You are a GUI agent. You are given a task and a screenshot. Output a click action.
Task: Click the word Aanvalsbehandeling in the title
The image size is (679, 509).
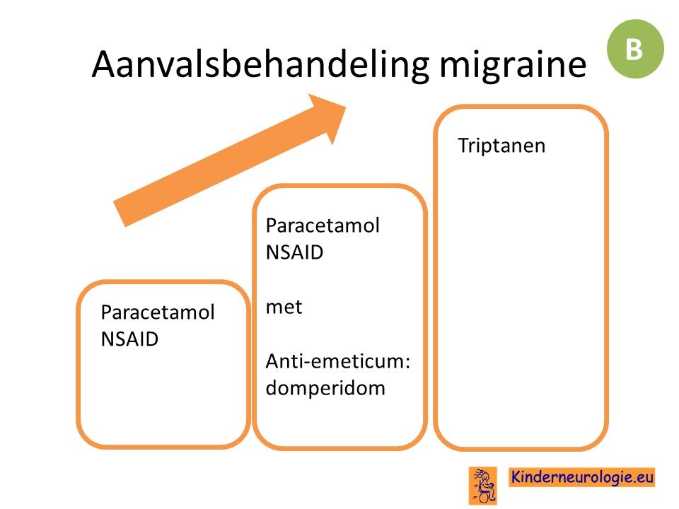click(261, 65)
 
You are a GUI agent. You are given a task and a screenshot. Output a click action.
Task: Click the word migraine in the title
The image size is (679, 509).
click(513, 65)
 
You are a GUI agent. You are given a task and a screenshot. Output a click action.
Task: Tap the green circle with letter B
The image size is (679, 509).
click(635, 49)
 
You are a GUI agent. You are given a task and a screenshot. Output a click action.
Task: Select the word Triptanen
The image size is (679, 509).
click(501, 146)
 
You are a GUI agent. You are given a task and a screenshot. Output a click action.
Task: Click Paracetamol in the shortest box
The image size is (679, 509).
click(158, 312)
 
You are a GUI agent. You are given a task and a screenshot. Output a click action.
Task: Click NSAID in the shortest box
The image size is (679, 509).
click(129, 339)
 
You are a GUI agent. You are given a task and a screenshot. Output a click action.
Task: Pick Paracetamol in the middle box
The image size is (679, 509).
click(323, 226)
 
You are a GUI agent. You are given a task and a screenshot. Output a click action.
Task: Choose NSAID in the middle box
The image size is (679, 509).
click(294, 252)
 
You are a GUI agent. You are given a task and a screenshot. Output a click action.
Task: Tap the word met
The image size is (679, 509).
click(284, 307)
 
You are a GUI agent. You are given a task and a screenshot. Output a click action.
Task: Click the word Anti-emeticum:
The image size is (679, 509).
click(338, 361)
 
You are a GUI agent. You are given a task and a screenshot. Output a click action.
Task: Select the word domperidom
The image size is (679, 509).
click(325, 388)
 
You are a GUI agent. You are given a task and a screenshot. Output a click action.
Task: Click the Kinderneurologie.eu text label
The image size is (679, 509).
click(581, 477)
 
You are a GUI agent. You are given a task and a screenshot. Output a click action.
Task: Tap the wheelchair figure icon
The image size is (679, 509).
click(483, 486)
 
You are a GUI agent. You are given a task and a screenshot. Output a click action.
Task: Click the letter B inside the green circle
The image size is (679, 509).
click(634, 49)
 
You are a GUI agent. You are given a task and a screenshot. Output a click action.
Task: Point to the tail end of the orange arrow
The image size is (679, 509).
click(119, 214)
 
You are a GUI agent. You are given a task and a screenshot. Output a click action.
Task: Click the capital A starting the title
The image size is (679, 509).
click(105, 65)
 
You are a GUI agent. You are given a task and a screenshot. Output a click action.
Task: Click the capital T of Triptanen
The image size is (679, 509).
click(464, 146)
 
